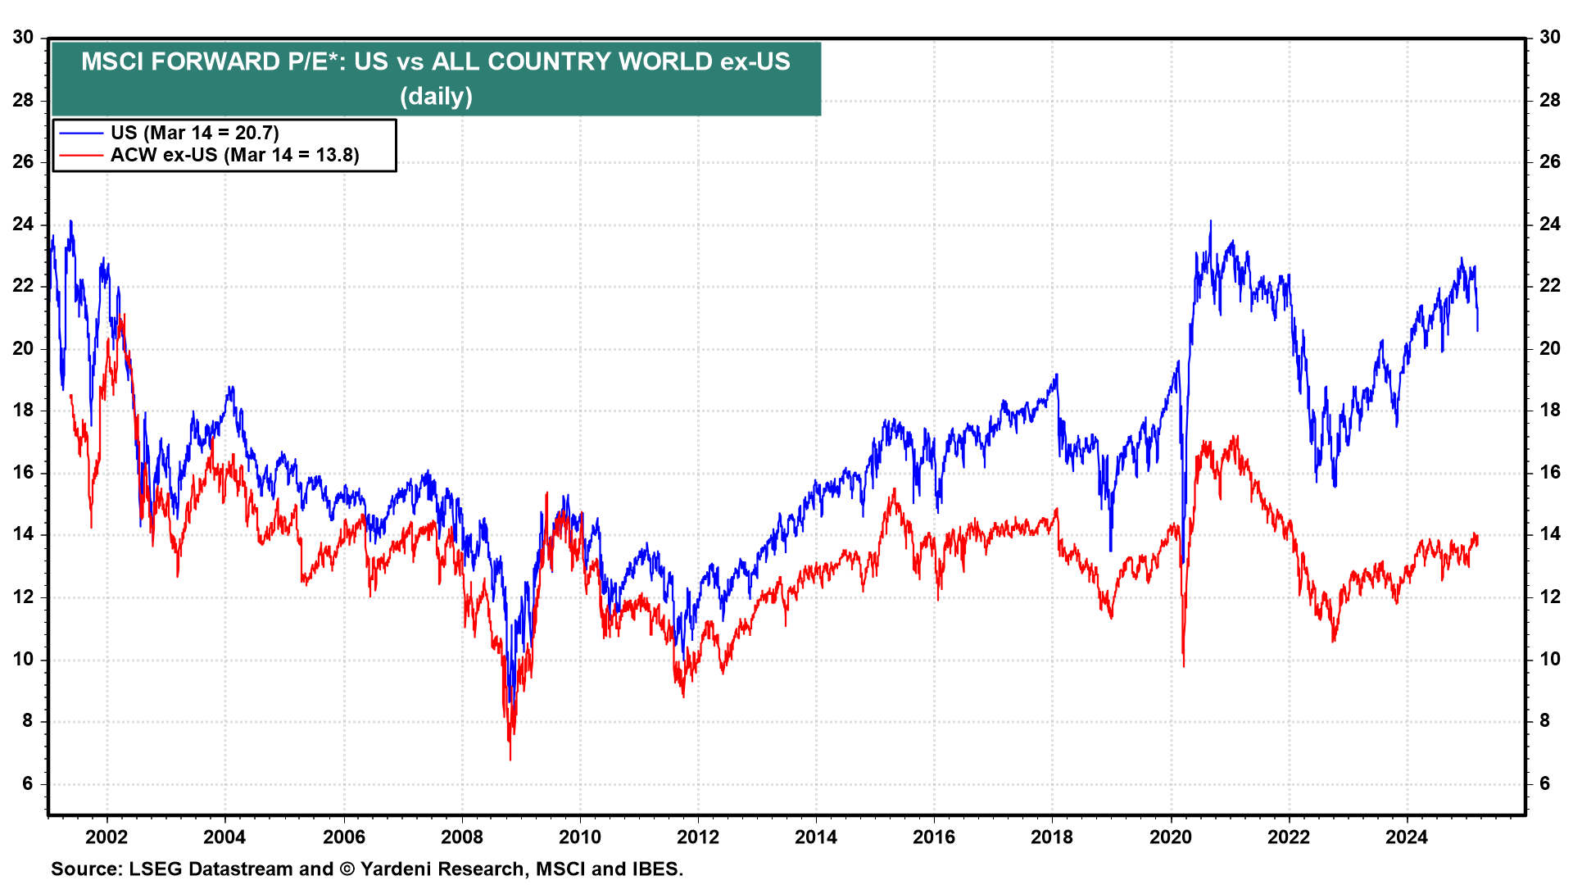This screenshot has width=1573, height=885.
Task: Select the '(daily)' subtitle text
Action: coord(436,97)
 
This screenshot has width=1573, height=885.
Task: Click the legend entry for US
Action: coord(194,133)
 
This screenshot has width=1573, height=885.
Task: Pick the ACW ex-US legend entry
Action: coord(234,155)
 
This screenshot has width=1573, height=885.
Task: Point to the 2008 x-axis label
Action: coord(462,837)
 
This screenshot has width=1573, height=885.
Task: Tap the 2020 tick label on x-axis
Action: coord(1170,837)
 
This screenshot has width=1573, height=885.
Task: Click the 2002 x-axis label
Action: coord(107,837)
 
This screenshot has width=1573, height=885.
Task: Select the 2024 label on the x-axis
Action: coord(1406,837)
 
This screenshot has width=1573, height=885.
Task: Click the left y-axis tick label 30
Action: coord(23,38)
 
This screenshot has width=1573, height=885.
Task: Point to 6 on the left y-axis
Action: coord(28,783)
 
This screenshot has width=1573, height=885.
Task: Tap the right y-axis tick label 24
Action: coord(1550,225)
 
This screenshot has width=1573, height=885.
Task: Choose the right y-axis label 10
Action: coord(1550,659)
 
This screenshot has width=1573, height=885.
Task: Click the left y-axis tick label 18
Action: coord(23,411)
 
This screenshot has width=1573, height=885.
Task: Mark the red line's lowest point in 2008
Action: coord(510,759)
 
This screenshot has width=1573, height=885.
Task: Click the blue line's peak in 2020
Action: coord(1211,221)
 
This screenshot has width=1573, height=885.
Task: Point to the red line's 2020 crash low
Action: coord(1184,665)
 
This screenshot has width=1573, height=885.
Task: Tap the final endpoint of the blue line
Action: coord(1478,330)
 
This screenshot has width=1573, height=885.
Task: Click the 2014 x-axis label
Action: coord(816,837)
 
